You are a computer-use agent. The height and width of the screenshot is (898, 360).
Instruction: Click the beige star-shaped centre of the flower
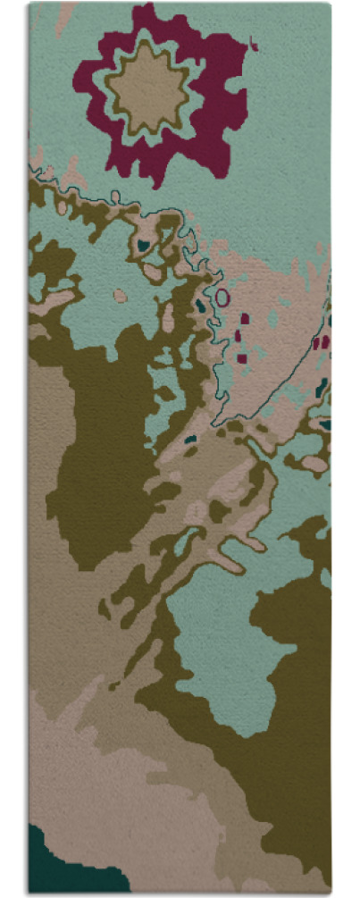click(x=147, y=89)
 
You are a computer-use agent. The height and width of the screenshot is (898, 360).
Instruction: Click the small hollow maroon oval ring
click(x=222, y=297)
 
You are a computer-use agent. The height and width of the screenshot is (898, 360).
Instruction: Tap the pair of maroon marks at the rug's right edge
click(x=320, y=341)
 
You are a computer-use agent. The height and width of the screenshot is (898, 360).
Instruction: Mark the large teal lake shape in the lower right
click(x=223, y=643)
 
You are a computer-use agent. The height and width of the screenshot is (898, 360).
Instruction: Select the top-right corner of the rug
click(x=329, y=4)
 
